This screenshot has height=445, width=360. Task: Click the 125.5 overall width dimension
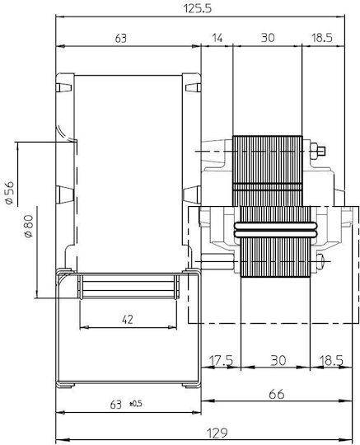pyautogui.click(x=198, y=8)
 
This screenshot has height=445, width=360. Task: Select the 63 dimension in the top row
pyautogui.click(x=121, y=38)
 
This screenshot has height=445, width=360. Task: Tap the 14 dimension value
pyautogui.click(x=217, y=37)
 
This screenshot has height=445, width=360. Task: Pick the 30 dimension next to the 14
pyautogui.click(x=268, y=37)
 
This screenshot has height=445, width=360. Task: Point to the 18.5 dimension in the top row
pyautogui.click(x=322, y=37)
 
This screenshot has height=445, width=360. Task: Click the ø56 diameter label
pyautogui.click(x=10, y=192)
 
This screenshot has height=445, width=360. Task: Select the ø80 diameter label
pyautogui.click(x=29, y=226)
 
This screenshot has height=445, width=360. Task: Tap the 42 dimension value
pyautogui.click(x=128, y=320)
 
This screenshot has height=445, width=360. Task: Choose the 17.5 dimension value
pyautogui.click(x=221, y=361)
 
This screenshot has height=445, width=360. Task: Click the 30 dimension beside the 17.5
pyautogui.click(x=278, y=360)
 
